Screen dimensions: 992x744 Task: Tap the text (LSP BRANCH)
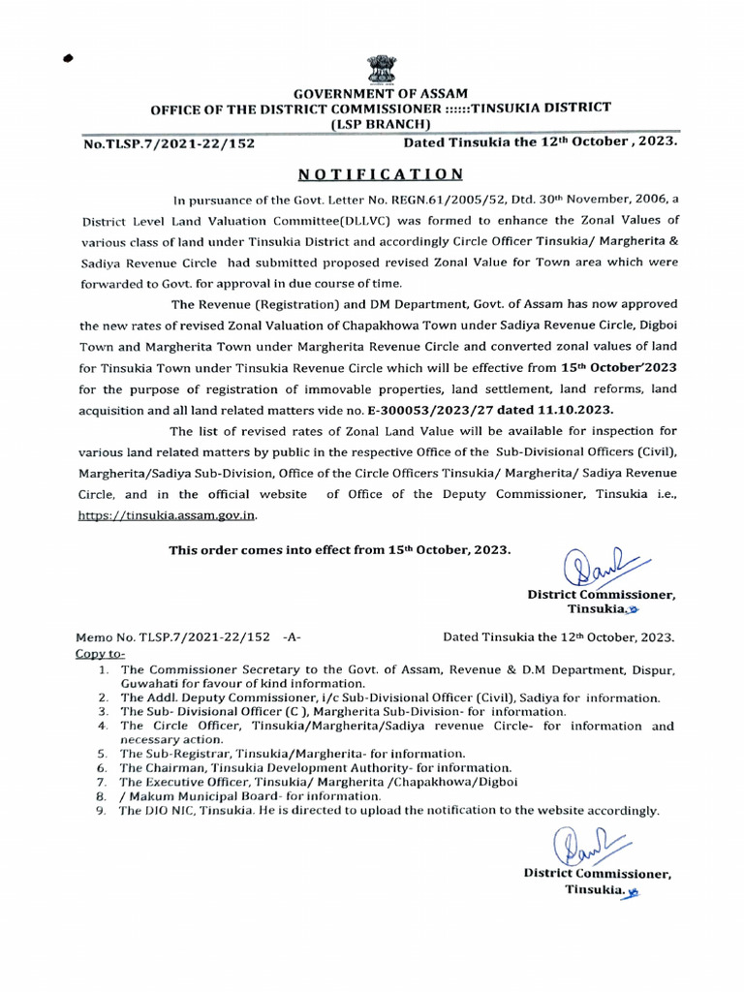click(x=374, y=125)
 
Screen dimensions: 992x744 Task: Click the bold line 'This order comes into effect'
click(x=338, y=550)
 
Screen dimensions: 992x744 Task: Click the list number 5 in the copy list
click(x=103, y=753)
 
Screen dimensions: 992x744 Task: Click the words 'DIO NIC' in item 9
click(x=168, y=810)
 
